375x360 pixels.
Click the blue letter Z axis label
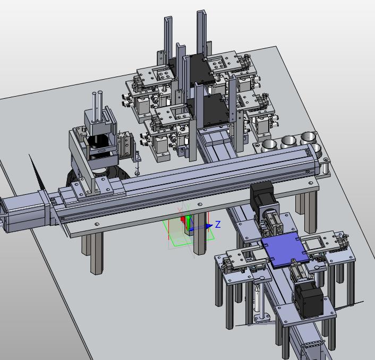[218, 225]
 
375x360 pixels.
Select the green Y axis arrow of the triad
[189, 221]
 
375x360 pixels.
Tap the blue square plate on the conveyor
[285, 250]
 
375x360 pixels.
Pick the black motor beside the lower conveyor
[309, 299]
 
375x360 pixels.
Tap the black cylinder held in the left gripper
[99, 142]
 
